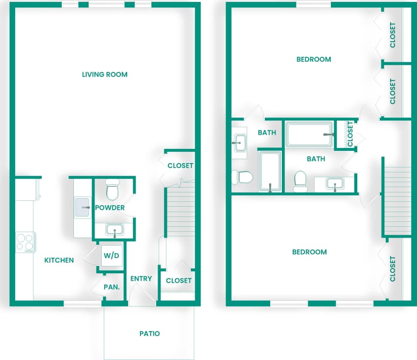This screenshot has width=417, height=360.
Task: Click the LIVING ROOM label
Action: point(104,74)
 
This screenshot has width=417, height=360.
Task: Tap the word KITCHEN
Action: point(59,260)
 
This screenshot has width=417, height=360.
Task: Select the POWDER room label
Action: point(110,208)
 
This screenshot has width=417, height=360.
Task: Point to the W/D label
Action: point(111,256)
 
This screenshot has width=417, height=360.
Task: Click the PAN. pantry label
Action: point(112,287)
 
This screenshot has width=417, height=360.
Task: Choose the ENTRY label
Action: point(141,279)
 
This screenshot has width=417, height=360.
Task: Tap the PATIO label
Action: point(149,334)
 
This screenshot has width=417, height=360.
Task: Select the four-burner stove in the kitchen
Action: point(25,242)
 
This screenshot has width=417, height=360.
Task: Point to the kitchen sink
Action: point(82,208)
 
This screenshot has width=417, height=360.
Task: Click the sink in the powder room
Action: point(115,229)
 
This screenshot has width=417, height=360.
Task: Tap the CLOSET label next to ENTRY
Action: point(179,281)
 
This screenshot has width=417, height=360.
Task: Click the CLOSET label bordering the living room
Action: point(180,166)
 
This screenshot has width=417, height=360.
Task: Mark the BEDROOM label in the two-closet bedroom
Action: point(314,59)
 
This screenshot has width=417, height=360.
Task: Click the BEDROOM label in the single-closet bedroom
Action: point(309,252)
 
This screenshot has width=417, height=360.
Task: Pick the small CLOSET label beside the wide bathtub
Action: point(350,134)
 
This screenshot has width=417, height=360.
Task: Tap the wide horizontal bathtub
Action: point(309,134)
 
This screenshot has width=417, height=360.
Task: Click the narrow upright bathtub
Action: point(270,171)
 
